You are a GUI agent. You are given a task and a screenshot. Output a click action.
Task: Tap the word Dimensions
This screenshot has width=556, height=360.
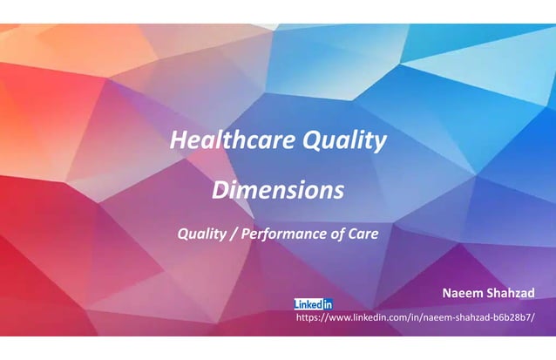278,189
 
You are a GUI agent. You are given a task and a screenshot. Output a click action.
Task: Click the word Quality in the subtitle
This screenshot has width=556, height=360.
201,234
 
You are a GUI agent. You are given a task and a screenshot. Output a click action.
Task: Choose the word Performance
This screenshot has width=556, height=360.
285,234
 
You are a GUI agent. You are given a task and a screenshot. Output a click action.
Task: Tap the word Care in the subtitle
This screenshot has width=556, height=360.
364,234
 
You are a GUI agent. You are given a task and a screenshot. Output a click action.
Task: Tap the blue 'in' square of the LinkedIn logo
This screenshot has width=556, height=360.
327,304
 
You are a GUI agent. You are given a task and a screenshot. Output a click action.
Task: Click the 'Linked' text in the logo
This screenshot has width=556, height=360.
308,304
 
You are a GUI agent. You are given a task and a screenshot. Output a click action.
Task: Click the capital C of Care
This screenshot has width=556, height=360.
354,234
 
